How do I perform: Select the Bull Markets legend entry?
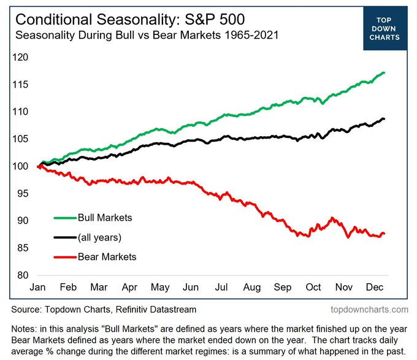tap(104, 218)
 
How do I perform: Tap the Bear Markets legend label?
tap(107, 256)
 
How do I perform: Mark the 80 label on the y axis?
tap(23, 275)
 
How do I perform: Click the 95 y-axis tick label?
tap(23, 194)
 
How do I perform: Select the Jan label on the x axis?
tap(38, 287)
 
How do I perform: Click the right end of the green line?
tap(384, 73)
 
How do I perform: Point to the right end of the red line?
tap(384, 233)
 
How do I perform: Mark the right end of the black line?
tap(384, 119)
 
